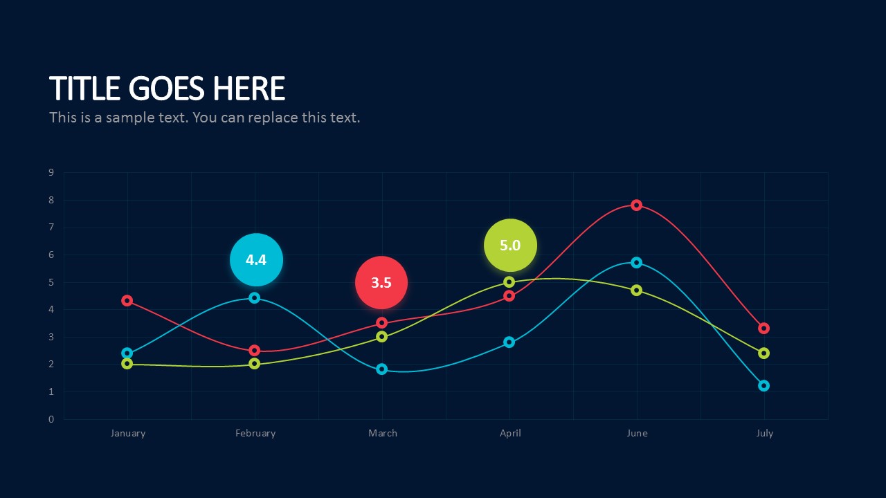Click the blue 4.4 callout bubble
point(256,259)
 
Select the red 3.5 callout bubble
point(381,283)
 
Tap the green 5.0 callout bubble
point(510,245)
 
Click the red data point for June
point(636,205)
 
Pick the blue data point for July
point(763,385)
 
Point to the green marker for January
point(127,364)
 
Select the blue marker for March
point(381,369)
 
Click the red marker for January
point(127,300)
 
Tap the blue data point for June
point(636,262)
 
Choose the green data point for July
point(763,353)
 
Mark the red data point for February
point(255,350)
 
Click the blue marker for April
point(509,342)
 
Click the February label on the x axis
point(255,433)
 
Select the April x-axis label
point(510,434)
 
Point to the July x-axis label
point(765,434)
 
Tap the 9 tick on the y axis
point(51,172)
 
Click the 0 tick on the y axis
point(51,419)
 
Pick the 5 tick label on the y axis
point(51,282)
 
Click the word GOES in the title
point(167,88)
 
